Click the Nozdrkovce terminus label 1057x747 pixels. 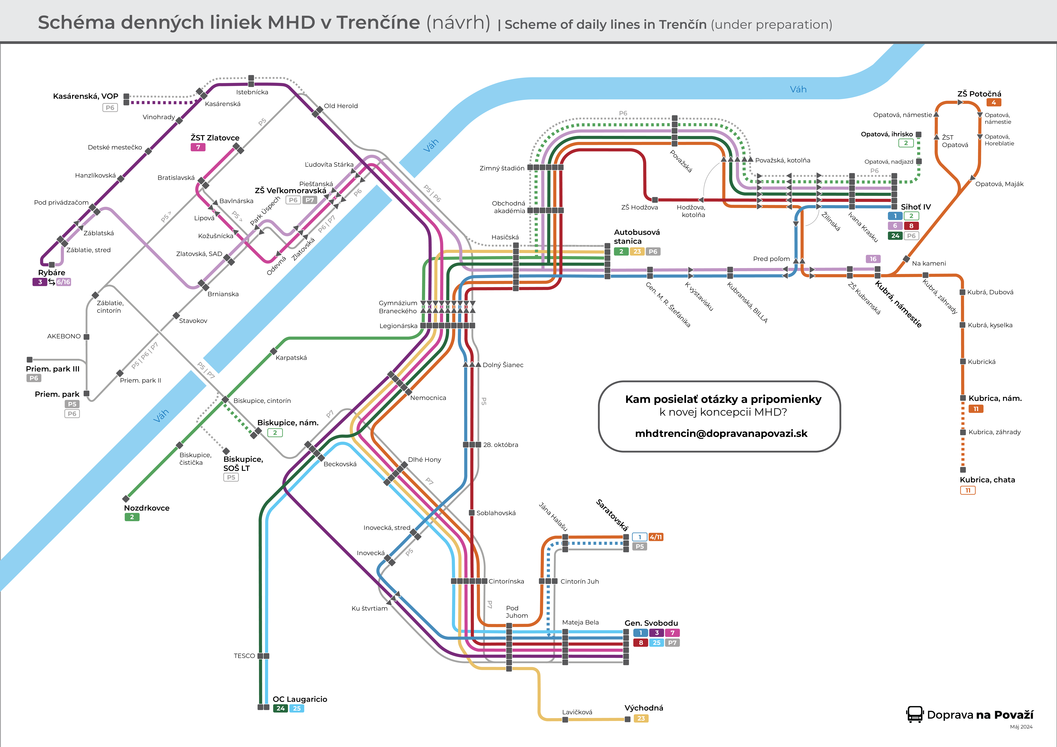(x=146, y=508)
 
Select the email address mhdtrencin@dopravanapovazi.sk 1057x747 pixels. (x=721, y=433)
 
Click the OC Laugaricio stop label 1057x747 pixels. (x=300, y=699)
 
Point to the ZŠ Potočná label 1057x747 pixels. (x=979, y=94)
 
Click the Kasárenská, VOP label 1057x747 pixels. (x=86, y=96)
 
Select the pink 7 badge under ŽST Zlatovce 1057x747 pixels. (x=198, y=147)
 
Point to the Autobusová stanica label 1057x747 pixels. (x=637, y=236)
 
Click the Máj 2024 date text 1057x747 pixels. (x=1021, y=727)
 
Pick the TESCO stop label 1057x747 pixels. (x=244, y=656)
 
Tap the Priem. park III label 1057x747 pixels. (x=53, y=369)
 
